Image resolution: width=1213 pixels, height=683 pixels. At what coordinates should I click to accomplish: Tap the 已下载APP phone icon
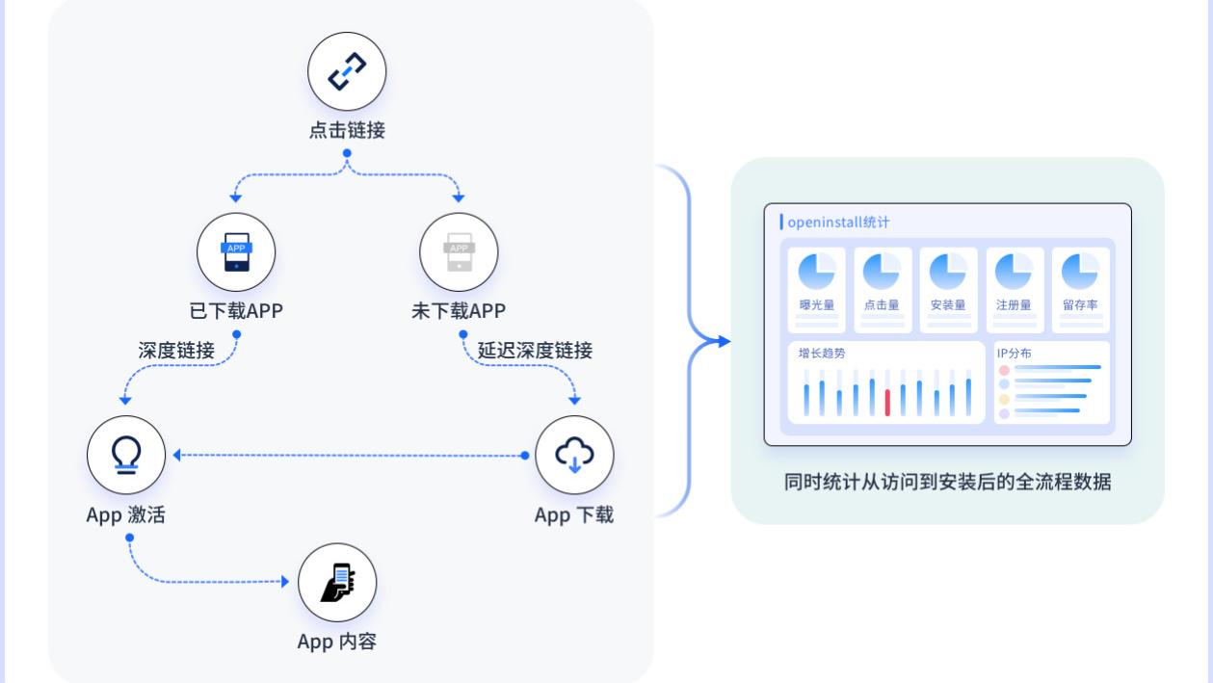pyautogui.click(x=236, y=252)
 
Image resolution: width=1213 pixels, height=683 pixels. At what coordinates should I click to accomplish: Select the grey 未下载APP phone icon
pyautogui.click(x=459, y=252)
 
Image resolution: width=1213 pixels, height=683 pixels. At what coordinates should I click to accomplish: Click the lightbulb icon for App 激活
pyautogui.click(x=126, y=455)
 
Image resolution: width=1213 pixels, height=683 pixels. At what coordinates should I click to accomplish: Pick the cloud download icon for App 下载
pyautogui.click(x=574, y=455)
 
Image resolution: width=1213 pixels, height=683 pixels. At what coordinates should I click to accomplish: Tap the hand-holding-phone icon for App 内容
pyautogui.click(x=337, y=584)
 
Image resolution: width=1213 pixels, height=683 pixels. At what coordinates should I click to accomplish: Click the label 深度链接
pyautogui.click(x=176, y=351)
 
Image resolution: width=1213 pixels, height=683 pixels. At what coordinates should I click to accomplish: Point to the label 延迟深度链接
pyautogui.click(x=535, y=351)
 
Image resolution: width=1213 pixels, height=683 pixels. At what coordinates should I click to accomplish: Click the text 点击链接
pyautogui.click(x=347, y=131)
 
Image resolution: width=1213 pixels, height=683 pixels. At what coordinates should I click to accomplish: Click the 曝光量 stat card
pyautogui.click(x=816, y=289)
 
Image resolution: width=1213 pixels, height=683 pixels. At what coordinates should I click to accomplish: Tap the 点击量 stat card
pyautogui.click(x=882, y=289)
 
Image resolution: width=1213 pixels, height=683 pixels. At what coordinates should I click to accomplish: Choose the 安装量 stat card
pyautogui.click(x=948, y=289)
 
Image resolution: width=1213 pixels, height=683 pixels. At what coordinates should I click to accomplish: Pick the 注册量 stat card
pyautogui.click(x=1014, y=289)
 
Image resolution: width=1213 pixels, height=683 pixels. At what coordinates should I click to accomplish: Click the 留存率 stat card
pyautogui.click(x=1080, y=289)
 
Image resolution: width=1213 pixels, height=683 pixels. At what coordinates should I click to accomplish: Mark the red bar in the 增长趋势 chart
pyautogui.click(x=887, y=403)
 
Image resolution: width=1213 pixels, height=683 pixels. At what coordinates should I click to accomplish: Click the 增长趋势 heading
pyautogui.click(x=822, y=354)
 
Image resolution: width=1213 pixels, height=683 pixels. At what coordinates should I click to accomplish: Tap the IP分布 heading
pyautogui.click(x=1014, y=354)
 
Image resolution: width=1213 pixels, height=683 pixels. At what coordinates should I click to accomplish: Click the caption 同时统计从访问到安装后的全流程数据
pyautogui.click(x=947, y=482)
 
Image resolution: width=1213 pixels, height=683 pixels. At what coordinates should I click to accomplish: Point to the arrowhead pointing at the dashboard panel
pyautogui.click(x=723, y=340)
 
